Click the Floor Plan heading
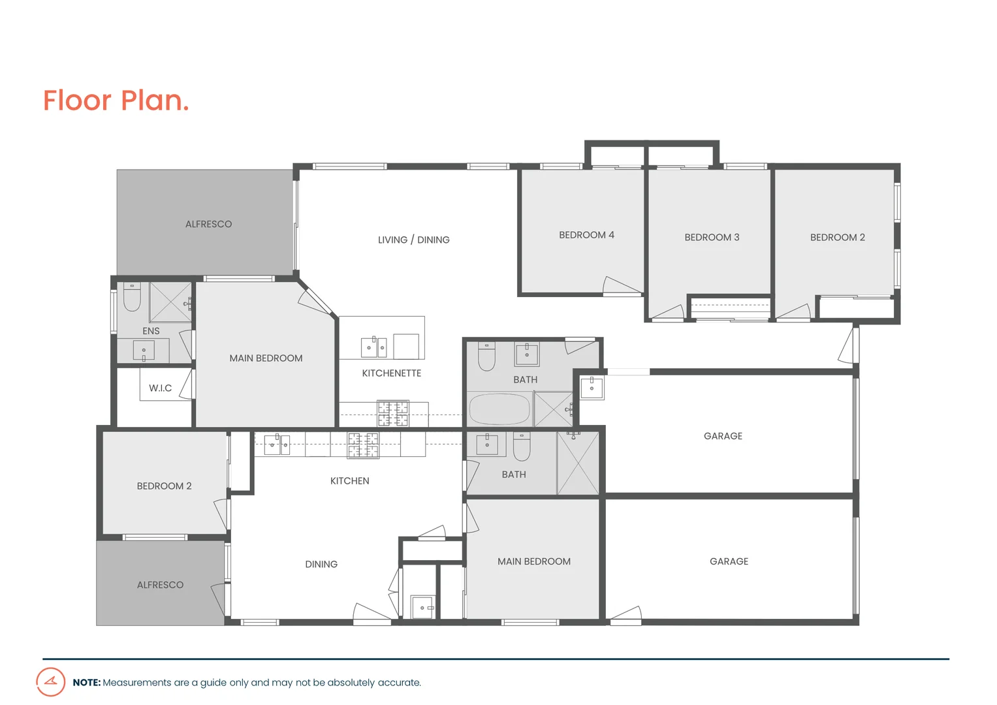116,101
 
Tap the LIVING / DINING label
413,240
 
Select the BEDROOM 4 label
586,235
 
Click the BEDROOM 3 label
712,237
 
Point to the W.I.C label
160,388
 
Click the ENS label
151,331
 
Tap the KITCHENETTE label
391,373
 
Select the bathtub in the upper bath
499,409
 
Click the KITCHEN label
349,480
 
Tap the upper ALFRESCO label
208,224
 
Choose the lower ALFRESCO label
160,585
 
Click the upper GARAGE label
723,436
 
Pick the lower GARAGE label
729,561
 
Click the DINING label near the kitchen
321,564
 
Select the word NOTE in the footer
86,682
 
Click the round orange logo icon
51,681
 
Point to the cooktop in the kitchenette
392,414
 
